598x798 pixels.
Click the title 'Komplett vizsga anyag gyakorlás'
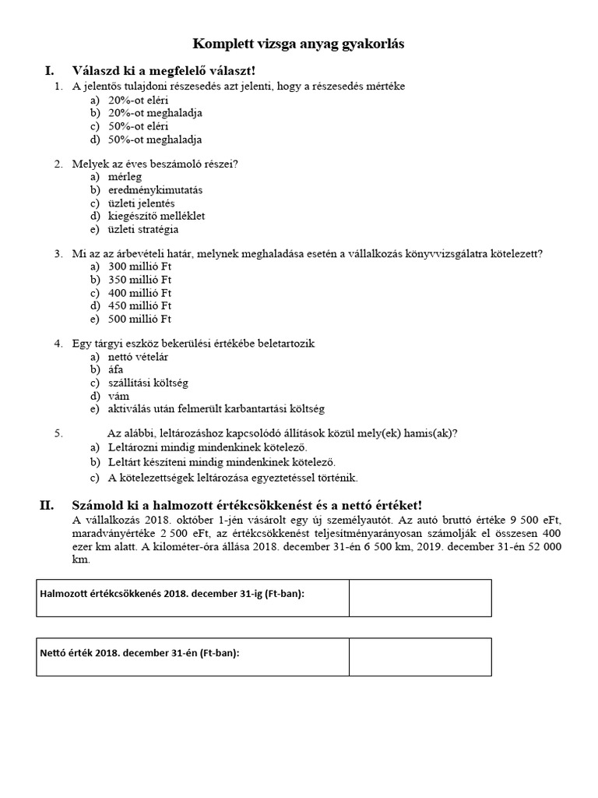[x=298, y=44]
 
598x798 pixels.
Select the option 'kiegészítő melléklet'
[x=157, y=216]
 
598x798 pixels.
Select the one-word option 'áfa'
[x=116, y=369]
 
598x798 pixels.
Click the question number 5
[x=58, y=433]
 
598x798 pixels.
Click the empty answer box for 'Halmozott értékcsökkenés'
[x=420, y=598]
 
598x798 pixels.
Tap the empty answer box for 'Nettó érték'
[x=420, y=657]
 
